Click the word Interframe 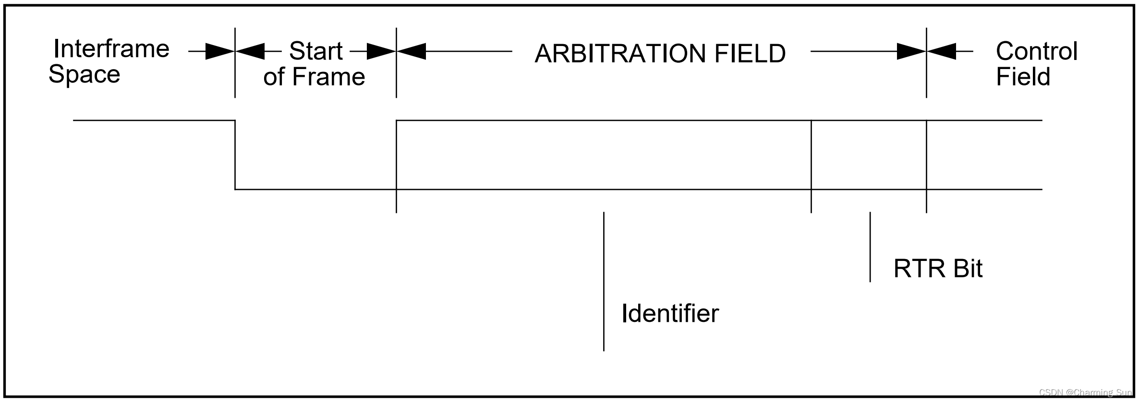pyautogui.click(x=111, y=49)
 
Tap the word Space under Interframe pyautogui.click(x=84, y=74)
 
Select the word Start pyautogui.click(x=315, y=51)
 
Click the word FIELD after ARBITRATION pyautogui.click(x=750, y=53)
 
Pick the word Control pyautogui.click(x=1036, y=51)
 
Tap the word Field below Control pyautogui.click(x=1023, y=77)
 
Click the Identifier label pyautogui.click(x=670, y=314)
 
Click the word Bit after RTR pyautogui.click(x=968, y=269)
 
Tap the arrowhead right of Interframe pyautogui.click(x=220, y=51)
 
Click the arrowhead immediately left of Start pyautogui.click(x=250, y=51)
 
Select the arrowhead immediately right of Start pyautogui.click(x=381, y=51)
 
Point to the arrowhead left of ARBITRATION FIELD pyautogui.click(x=412, y=51)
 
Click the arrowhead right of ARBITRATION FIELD pyautogui.click(x=911, y=51)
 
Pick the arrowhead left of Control pyautogui.click(x=942, y=51)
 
